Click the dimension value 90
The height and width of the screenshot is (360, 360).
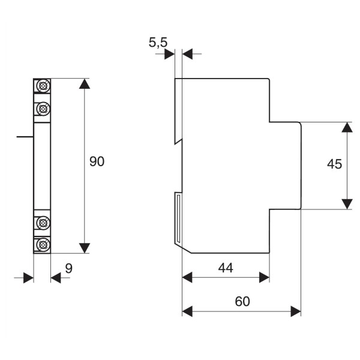(x=97, y=161)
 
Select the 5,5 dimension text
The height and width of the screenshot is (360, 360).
(x=158, y=43)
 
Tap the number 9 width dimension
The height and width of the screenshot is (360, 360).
(x=68, y=268)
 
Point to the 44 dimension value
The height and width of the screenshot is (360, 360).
(x=226, y=268)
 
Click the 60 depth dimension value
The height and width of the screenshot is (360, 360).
(x=242, y=301)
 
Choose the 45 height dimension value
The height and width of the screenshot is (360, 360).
(x=335, y=164)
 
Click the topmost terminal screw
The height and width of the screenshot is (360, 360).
(x=43, y=86)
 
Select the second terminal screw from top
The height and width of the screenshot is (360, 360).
(x=43, y=109)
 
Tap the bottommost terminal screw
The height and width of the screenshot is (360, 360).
(x=43, y=245)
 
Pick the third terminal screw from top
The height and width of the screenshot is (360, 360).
(x=43, y=223)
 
